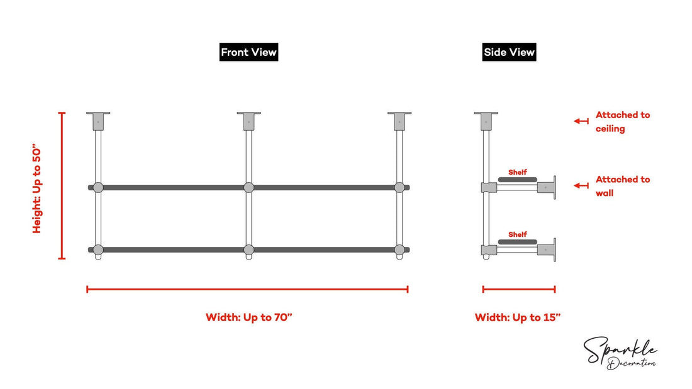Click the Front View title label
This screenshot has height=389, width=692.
248,52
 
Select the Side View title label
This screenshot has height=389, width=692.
510,52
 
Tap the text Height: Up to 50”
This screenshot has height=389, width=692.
37,190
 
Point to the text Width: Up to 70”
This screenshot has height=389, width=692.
249,317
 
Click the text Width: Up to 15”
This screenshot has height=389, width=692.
518,317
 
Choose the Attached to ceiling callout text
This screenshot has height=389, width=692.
622,122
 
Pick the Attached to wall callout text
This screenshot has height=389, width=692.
622,186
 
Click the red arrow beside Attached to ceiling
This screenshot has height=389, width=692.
581,121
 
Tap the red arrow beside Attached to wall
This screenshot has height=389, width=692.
581,185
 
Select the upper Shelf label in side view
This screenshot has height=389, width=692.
518,172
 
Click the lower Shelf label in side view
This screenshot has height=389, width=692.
518,234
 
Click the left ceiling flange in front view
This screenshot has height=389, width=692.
98,119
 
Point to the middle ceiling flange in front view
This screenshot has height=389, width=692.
248,119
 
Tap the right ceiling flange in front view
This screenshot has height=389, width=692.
399,119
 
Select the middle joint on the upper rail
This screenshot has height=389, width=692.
248,187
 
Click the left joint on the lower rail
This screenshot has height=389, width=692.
98,249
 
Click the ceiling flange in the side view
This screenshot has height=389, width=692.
486,119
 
